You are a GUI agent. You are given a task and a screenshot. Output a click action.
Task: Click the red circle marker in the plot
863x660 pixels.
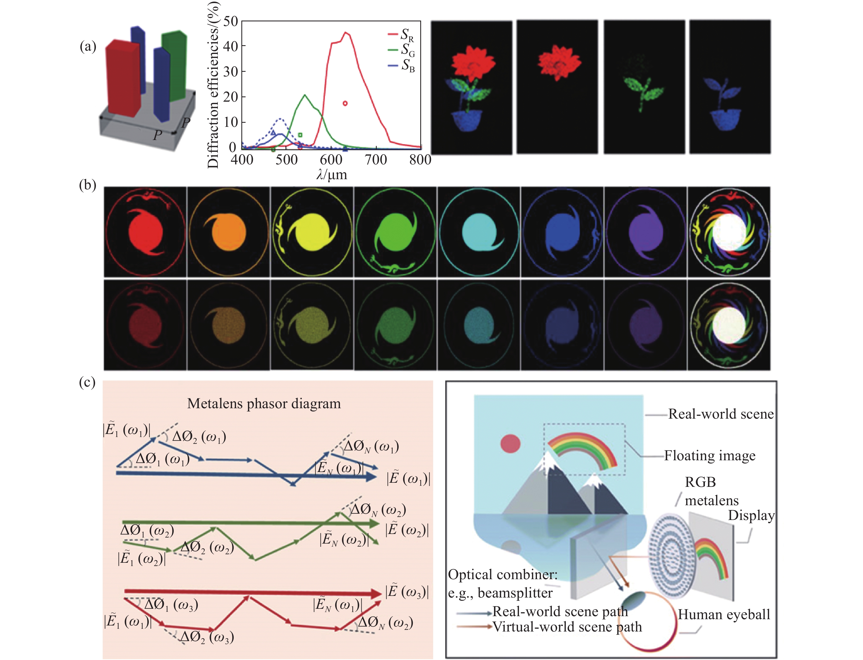click(345, 103)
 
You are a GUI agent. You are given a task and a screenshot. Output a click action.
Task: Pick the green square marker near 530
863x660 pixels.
click(300, 135)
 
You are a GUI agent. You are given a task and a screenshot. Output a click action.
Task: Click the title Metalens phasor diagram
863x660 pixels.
click(264, 404)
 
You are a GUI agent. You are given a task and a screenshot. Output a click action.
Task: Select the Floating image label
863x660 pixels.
click(709, 455)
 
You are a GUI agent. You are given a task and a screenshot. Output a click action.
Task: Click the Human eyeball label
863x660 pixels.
click(724, 614)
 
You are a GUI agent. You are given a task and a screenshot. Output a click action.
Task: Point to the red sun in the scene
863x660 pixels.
click(510, 444)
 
